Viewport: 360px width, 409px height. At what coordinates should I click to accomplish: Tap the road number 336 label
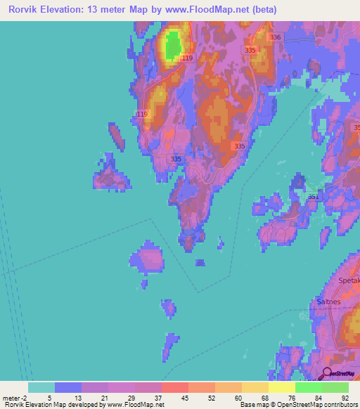[275, 37]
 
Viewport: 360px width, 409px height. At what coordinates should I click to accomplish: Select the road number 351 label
[312, 197]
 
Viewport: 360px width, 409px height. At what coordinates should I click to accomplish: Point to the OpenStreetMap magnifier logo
[327, 374]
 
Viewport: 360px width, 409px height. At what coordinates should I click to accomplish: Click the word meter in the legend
[12, 397]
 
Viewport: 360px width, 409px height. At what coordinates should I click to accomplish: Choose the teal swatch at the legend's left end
[41, 387]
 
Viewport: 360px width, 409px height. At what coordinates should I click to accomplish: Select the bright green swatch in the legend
[309, 387]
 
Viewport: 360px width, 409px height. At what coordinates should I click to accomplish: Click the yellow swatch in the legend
[282, 387]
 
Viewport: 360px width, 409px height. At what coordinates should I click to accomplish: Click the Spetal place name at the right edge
[349, 280]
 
